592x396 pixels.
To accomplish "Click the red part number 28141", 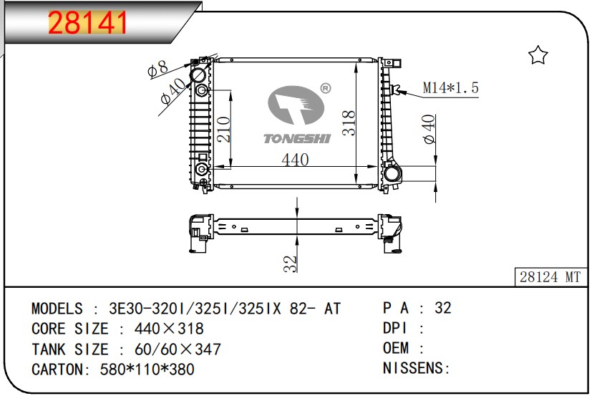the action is click(x=87, y=23).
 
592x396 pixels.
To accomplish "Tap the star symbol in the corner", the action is click(x=538, y=55).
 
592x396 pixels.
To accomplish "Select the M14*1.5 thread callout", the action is click(x=450, y=87).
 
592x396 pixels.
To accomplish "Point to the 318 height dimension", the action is click(x=349, y=122).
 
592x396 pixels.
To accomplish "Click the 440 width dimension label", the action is click(x=295, y=160).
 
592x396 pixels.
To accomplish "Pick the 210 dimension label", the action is click(x=223, y=129).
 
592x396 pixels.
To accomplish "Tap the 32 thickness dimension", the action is click(x=290, y=264).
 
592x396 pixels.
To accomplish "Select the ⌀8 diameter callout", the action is click(x=157, y=69).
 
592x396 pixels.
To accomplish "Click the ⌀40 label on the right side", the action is click(x=429, y=129).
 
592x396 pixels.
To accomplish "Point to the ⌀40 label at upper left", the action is click(x=173, y=91).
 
